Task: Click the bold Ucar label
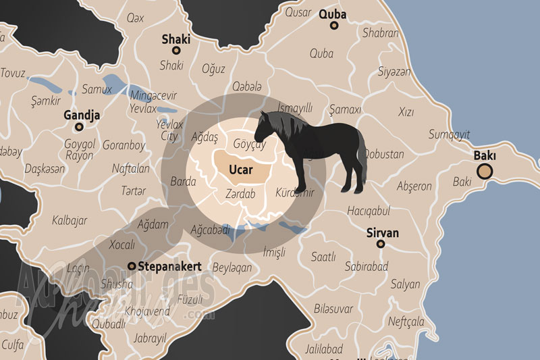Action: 241,170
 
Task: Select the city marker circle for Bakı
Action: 485,171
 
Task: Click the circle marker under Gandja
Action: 79,126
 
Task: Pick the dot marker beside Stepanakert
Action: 132,266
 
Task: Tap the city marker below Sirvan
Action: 381,244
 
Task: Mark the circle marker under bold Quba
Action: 333,26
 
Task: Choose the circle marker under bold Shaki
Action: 176,51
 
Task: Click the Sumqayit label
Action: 449,134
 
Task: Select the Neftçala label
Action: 407,320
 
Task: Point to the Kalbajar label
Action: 70,219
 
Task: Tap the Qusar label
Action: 298,12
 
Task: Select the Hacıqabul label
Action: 369,211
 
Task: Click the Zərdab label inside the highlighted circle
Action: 240,193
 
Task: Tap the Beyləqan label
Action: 232,267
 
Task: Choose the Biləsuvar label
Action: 333,309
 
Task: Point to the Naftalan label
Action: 131,169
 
